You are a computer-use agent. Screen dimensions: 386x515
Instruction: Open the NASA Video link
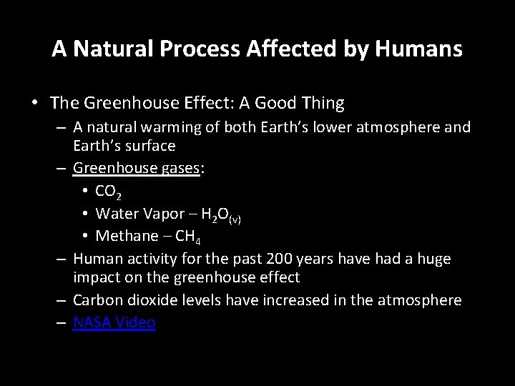pos(114,322)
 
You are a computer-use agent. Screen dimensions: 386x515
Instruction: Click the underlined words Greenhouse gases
pos(137,169)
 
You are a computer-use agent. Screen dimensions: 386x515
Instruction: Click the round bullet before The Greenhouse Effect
pos(35,103)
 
